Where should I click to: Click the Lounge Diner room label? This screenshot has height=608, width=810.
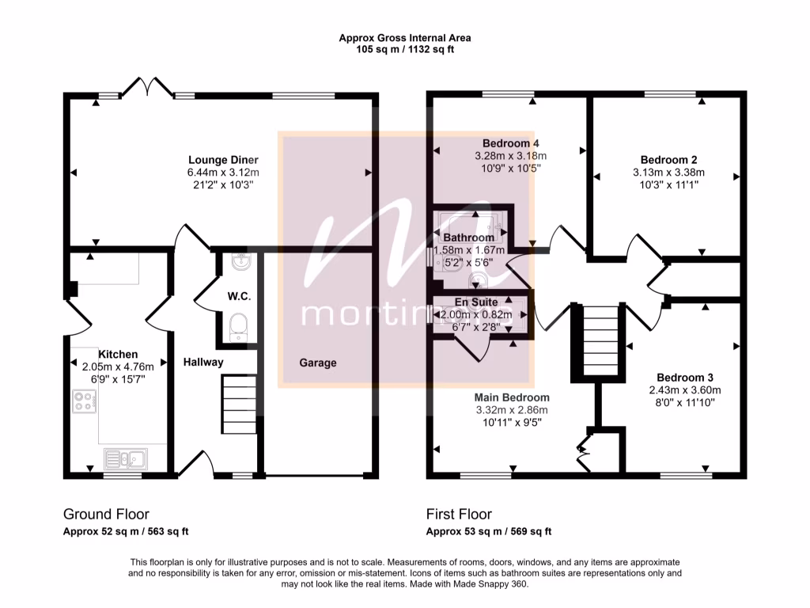[223, 160]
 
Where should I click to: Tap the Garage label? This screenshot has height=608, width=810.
[317, 363]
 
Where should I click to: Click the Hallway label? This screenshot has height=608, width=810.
[203, 362]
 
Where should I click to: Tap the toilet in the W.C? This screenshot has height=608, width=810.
[239, 327]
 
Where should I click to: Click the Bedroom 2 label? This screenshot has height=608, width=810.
[668, 159]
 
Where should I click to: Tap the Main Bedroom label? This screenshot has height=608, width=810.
[512, 397]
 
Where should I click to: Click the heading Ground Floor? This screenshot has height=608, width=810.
[106, 515]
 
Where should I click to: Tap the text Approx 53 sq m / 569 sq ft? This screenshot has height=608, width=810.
[489, 532]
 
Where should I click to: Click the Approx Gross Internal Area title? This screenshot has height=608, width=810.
[405, 37]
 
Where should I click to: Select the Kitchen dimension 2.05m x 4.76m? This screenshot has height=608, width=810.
[118, 367]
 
